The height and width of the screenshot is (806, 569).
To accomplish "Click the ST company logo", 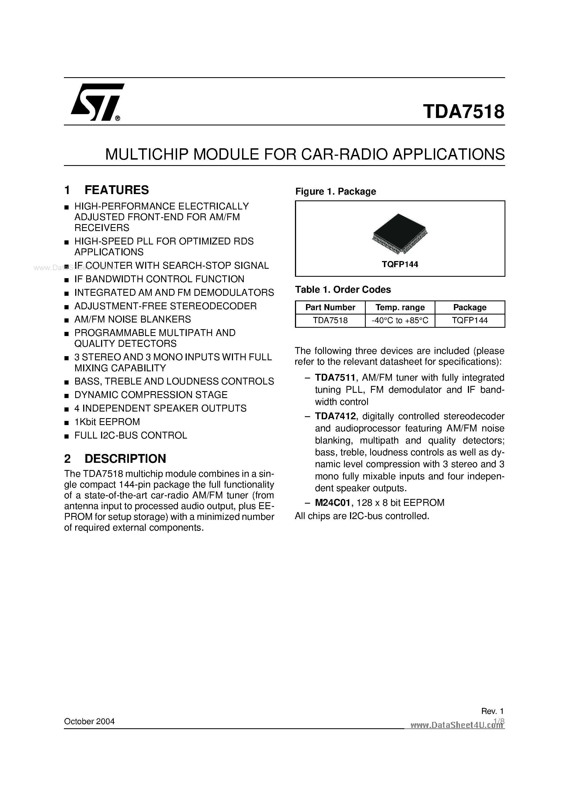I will (96, 102).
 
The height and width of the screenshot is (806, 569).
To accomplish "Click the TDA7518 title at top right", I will (464, 112).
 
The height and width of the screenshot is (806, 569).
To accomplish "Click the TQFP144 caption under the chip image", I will (400, 264).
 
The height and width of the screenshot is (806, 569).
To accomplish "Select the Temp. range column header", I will (400, 308).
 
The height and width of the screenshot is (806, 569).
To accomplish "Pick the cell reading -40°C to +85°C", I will (400, 321).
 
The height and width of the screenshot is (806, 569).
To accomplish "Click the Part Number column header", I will (330, 308).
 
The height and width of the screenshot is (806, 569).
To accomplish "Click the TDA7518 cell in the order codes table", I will (330, 321).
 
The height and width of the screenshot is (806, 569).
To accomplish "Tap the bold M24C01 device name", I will (333, 503).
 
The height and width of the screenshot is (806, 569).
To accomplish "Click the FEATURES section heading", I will (116, 190).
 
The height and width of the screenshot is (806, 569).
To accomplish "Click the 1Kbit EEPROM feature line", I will (107, 422).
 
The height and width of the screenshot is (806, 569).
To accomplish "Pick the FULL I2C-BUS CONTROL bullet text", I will (131, 435).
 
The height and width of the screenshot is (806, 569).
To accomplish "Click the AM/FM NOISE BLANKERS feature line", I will (132, 319).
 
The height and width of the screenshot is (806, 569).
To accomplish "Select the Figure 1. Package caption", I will (335, 191).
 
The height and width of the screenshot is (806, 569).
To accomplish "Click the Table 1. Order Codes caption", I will (343, 290).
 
